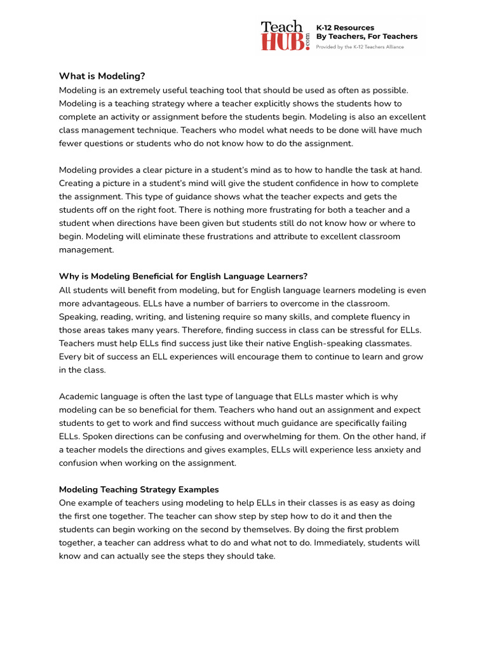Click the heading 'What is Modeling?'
[102, 76]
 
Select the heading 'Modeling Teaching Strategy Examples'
[139, 489]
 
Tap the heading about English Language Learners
[183, 276]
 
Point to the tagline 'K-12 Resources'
[345, 28]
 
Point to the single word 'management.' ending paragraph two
[86, 249]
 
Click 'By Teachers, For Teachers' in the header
[367, 37]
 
